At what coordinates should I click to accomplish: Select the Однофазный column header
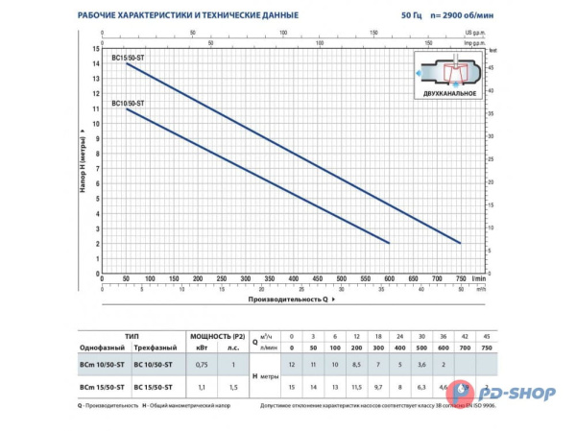[100, 348]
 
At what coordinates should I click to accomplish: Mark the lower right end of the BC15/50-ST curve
[461, 243]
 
